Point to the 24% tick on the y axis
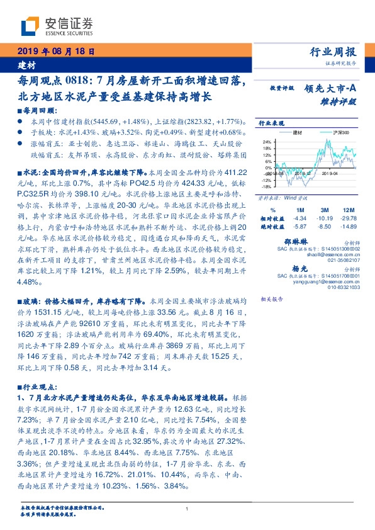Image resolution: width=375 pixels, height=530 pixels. [267, 142]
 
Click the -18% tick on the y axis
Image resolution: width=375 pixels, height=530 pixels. [266, 187]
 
